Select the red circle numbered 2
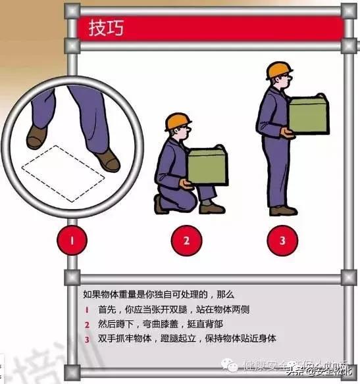point(186,240)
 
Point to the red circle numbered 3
point(282,240)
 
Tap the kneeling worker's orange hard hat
point(177,121)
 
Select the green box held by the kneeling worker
point(207,166)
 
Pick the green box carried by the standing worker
point(308,114)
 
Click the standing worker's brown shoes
point(282,210)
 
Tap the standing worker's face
point(285,83)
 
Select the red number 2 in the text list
point(86,324)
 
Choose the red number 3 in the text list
point(86,339)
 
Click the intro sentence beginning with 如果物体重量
point(159,295)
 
